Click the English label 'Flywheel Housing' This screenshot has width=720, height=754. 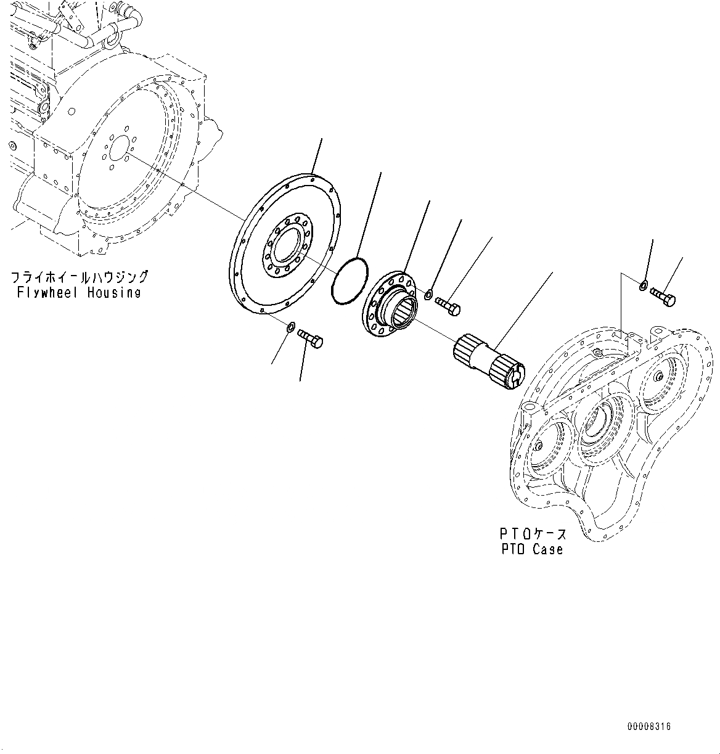pyautogui.click(x=80, y=293)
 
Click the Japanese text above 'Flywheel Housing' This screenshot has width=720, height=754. pyautogui.click(x=80, y=277)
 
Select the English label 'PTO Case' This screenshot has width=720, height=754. pyautogui.click(x=532, y=549)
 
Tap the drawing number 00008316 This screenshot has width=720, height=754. pyautogui.click(x=649, y=727)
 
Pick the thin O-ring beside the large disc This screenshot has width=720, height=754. pyautogui.click(x=350, y=281)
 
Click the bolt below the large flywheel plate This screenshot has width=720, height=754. pyautogui.click(x=311, y=338)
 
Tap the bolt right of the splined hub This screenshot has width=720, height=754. pyautogui.click(x=448, y=306)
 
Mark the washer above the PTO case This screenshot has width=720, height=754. pyautogui.click(x=643, y=285)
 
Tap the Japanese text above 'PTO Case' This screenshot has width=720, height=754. pyautogui.click(x=532, y=533)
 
